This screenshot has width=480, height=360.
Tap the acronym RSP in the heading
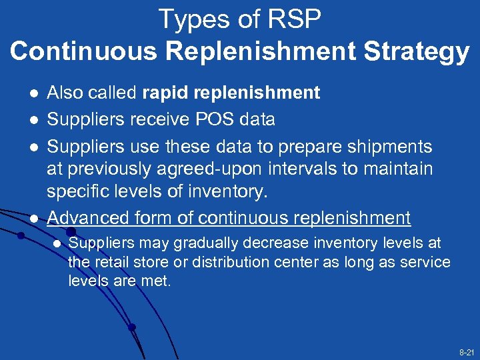[294, 19]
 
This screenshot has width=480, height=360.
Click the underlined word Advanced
[89, 217]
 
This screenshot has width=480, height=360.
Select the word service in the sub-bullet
[425, 263]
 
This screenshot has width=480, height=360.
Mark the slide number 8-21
[465, 351]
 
